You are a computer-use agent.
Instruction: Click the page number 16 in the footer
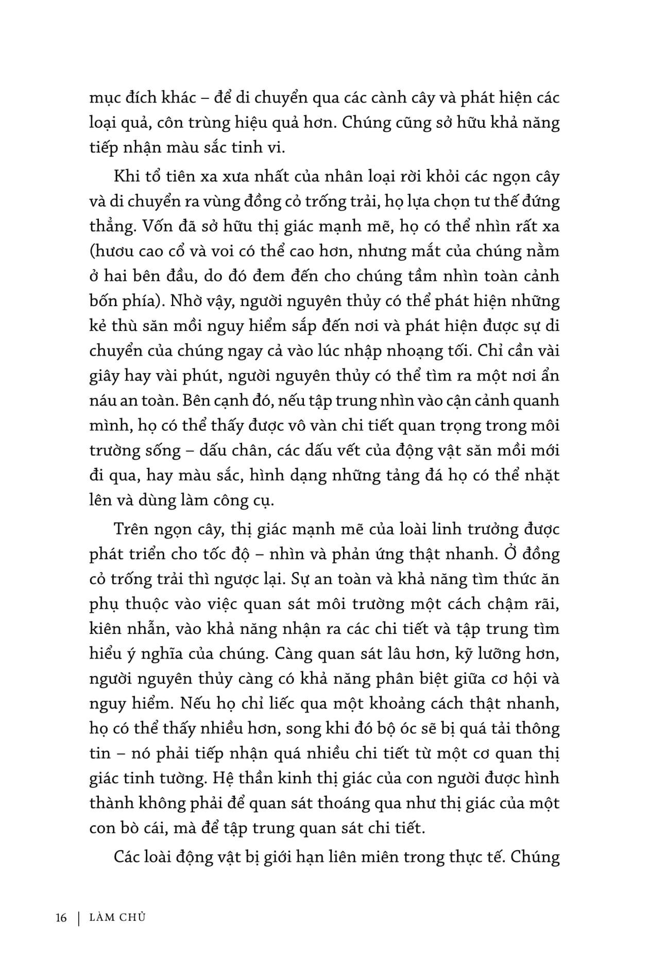click(61, 918)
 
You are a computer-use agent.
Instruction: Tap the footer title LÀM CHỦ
click(117, 917)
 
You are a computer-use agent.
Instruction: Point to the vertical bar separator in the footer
click(79, 918)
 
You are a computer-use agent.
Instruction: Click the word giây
click(105, 376)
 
